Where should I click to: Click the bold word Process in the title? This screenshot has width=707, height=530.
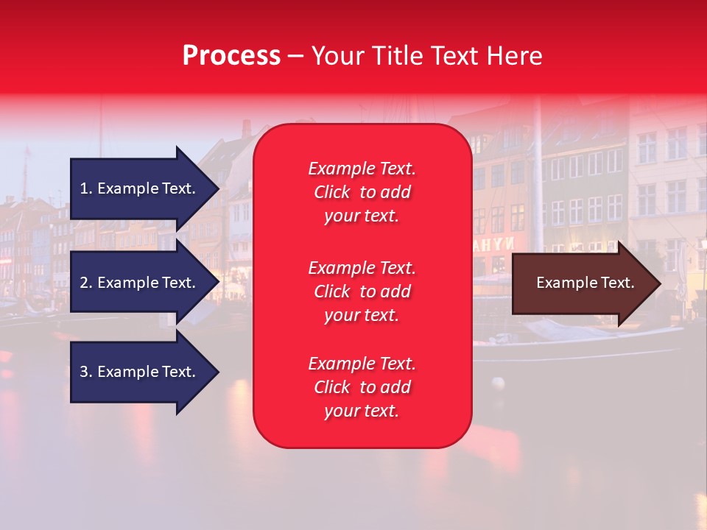pyautogui.click(x=231, y=56)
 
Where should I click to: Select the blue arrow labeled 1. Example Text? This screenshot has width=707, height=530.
pyautogui.click(x=140, y=188)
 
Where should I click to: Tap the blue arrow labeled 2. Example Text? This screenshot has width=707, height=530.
pyautogui.click(x=140, y=283)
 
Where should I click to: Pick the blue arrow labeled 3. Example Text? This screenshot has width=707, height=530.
pyautogui.click(x=140, y=372)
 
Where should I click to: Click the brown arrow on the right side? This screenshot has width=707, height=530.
pyautogui.click(x=582, y=283)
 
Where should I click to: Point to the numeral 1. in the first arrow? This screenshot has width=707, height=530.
pyautogui.click(x=86, y=188)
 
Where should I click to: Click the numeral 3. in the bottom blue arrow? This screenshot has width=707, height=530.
pyautogui.click(x=86, y=372)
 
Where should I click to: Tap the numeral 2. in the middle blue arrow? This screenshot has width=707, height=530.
pyautogui.click(x=86, y=283)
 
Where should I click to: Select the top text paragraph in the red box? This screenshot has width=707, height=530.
pyautogui.click(x=362, y=192)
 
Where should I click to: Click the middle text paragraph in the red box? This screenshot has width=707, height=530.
pyautogui.click(x=362, y=291)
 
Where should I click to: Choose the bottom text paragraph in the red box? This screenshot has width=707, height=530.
pyautogui.click(x=362, y=387)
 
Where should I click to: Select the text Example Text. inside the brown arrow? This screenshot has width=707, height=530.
pyautogui.click(x=585, y=283)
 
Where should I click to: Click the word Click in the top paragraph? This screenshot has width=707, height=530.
pyautogui.click(x=332, y=192)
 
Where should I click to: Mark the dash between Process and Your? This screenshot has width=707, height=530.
pyautogui.click(x=295, y=56)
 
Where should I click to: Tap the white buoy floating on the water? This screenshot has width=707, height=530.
pyautogui.click(x=498, y=383)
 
